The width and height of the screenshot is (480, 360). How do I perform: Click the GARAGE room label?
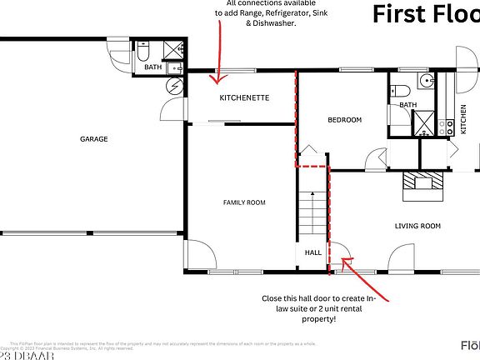(93, 139)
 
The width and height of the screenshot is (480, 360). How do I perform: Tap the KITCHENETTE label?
(244, 97)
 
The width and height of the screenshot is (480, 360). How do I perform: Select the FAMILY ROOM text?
(243, 202)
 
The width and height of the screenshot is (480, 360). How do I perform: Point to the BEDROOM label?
(344, 120)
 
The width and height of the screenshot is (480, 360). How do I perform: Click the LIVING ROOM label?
(417, 226)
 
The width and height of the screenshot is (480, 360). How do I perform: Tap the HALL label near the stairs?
(312, 252)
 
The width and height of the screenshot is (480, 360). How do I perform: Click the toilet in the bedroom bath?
(398, 90)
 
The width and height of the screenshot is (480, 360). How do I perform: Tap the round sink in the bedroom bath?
(426, 82)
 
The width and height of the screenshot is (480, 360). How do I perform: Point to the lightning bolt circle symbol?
(174, 87)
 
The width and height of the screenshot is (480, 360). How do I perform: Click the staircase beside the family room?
(311, 217)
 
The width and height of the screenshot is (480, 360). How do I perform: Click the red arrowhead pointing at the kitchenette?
(218, 81)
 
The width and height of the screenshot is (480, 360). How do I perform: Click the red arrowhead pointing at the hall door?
(343, 265)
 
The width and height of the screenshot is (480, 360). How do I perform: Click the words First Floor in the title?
(425, 14)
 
